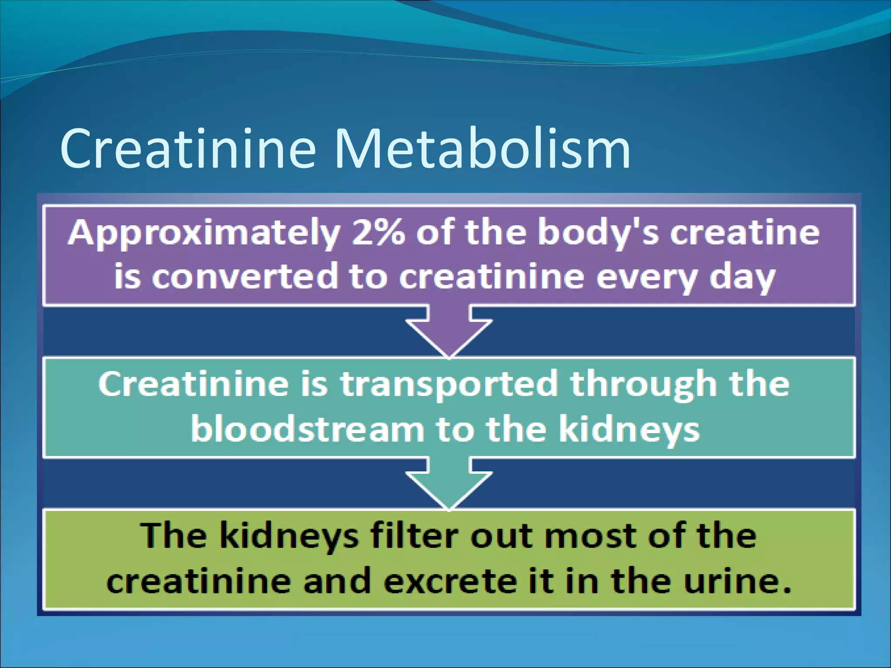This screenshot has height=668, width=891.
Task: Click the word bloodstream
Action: point(308,429)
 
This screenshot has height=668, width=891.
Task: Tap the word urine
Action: point(735,581)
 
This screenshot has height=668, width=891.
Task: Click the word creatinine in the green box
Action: point(198,581)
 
